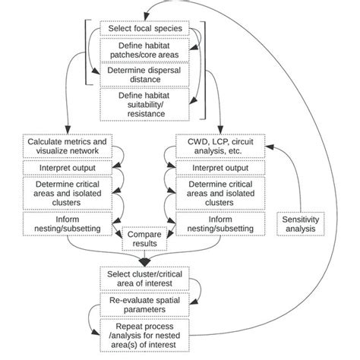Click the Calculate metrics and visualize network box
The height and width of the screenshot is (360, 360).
pyautogui.click(x=68, y=146)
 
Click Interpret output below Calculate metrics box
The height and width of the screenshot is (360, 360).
pyautogui.click(x=68, y=168)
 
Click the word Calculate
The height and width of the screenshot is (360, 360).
pyautogui.click(x=47, y=141)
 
